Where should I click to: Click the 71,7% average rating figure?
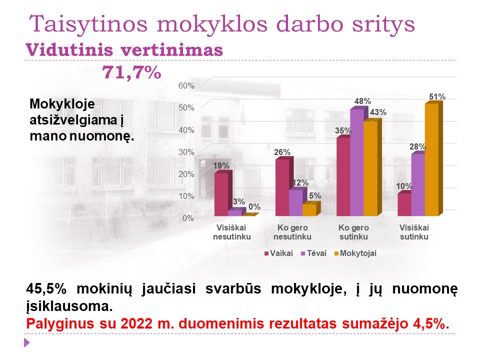click(131, 72)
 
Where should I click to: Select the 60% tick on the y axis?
click(186, 85)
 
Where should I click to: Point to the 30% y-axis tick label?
click(186, 152)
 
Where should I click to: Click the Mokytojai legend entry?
click(355, 253)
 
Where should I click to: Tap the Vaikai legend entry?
click(278, 253)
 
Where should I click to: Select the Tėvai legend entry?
click(314, 253)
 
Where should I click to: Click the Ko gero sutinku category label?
click(353, 232)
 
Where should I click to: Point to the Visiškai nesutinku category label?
click(231, 232)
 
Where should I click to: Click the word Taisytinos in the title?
click(88, 24)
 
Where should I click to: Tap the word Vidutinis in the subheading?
click(69, 50)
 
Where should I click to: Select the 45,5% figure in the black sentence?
click(46, 288)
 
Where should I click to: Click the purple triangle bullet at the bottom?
click(26, 342)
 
